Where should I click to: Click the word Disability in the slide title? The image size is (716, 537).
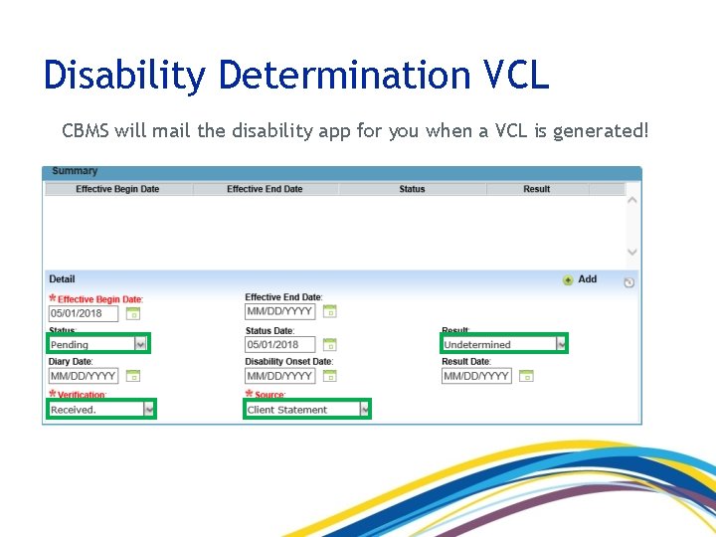pos(124,75)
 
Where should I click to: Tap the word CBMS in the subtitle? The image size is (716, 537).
pos(85,130)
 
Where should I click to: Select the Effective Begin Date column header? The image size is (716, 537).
pos(117,189)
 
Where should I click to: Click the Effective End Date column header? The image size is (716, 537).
pos(265,189)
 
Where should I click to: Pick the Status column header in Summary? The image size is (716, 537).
pos(412,189)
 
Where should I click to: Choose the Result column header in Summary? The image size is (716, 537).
pos(537,189)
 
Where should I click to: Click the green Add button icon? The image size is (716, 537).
pos(568,280)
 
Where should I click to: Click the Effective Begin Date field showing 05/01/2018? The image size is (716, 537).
pos(84,313)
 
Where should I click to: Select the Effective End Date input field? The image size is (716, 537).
pos(279,311)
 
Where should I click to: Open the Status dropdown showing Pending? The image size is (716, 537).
pos(98,344)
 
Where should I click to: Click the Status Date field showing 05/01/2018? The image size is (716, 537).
pos(279,345)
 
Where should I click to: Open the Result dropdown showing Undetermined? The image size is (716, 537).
pos(504,344)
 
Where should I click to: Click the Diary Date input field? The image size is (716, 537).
pos(84,376)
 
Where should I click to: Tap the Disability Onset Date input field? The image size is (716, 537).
pos(279,376)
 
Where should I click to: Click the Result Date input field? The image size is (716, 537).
pos(477,376)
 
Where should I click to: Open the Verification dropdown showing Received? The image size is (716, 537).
pos(102,409)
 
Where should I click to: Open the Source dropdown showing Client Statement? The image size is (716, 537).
pos(307,409)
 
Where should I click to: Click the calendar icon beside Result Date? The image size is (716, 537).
pos(527,376)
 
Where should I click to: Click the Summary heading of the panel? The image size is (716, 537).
pos(75,171)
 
